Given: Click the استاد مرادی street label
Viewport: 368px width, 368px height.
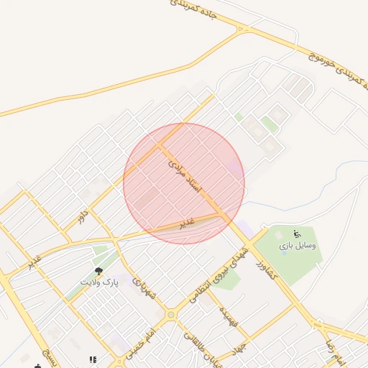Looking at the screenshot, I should tap(185, 175).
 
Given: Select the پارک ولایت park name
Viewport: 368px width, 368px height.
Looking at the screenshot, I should tap(100, 283).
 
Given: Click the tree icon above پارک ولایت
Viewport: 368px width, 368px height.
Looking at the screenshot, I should tap(99, 271).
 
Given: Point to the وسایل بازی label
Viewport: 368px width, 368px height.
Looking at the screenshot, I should tap(298, 245).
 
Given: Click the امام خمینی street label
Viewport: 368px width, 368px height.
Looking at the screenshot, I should tap(142, 339).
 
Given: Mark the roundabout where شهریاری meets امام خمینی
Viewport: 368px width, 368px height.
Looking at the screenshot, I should tap(171, 314).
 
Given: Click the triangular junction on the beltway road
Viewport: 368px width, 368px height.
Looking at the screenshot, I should tap(243, 29).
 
